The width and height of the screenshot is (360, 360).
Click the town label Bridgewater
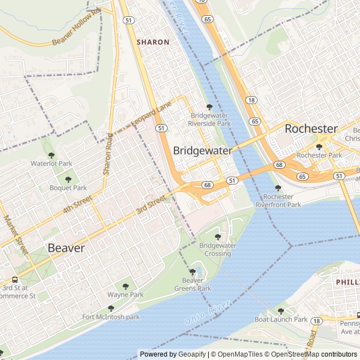(x=202, y=151)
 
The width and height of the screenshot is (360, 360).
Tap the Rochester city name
(x=310, y=128)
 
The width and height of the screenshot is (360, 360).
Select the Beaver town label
(x=66, y=248)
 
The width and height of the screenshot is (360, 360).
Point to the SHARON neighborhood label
(x=153, y=42)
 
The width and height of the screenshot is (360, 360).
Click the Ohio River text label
(x=207, y=313)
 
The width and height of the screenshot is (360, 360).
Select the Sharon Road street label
(x=108, y=154)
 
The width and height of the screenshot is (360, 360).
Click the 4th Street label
(x=76, y=204)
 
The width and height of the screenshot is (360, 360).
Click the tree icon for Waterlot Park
(x=51, y=155)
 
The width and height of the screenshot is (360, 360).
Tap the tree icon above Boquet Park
(x=68, y=179)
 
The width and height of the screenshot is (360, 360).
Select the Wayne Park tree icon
(x=125, y=286)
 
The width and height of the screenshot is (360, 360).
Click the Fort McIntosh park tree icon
(x=111, y=308)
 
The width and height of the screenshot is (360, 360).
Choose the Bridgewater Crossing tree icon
(x=218, y=237)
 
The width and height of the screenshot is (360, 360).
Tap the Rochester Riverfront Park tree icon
(x=278, y=188)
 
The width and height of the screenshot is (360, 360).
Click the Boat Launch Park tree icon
(x=281, y=311)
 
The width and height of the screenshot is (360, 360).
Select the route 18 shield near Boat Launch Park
(x=317, y=321)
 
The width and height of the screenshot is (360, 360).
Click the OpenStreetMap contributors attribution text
(x=320, y=354)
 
